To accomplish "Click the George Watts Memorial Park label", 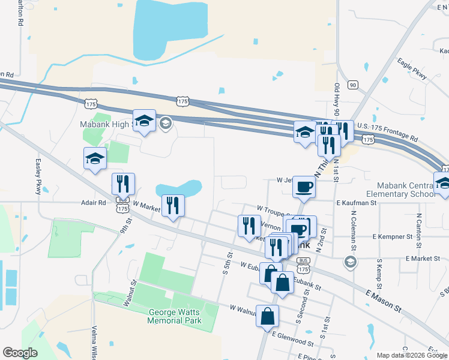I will click(x=175, y=316).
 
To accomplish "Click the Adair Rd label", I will click(x=93, y=203).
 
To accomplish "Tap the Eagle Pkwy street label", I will click(x=412, y=68).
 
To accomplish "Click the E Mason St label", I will click(x=382, y=299).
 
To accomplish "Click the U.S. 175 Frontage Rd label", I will click(x=388, y=128).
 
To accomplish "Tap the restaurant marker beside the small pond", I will click(x=173, y=206).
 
